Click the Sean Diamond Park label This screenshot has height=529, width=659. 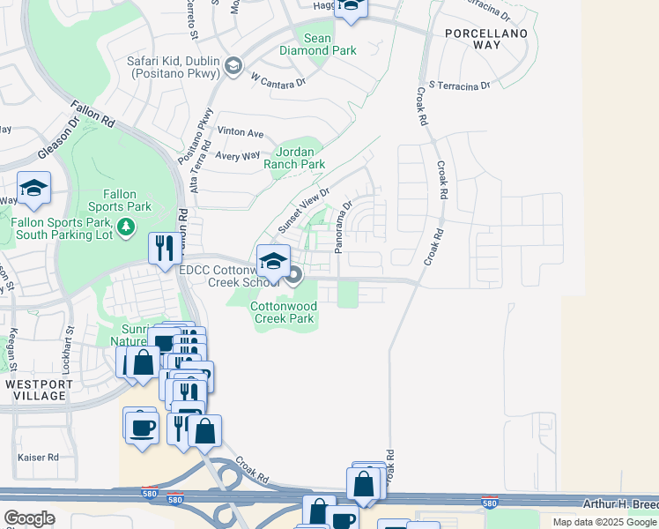(318, 44)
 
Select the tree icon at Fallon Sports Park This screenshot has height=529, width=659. (126, 227)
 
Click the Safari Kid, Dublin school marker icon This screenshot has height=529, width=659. (233, 67)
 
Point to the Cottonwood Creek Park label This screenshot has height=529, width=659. (283, 312)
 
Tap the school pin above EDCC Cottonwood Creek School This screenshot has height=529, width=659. (274, 261)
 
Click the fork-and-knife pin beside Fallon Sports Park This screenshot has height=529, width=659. (163, 249)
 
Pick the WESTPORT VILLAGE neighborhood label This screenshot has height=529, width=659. (35, 391)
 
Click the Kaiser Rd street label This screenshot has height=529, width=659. (38, 458)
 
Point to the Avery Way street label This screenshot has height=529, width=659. (238, 155)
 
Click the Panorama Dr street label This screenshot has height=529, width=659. (343, 226)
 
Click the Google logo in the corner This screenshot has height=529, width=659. (29, 518)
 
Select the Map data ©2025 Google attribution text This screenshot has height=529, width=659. (603, 522)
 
